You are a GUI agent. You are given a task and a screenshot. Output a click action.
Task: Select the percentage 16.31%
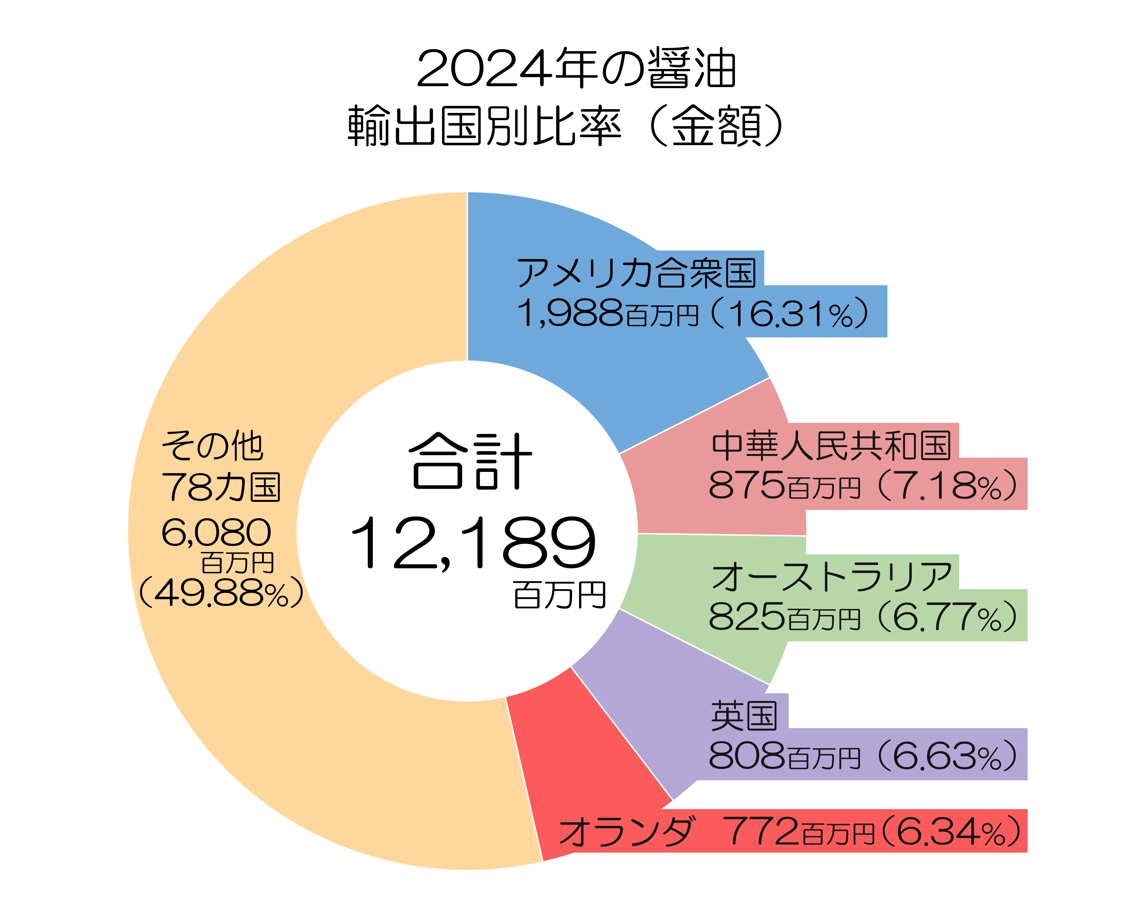(x=791, y=314)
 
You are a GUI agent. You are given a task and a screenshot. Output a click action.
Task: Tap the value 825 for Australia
(x=746, y=616)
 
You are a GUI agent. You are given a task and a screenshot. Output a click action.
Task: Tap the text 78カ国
(x=221, y=487)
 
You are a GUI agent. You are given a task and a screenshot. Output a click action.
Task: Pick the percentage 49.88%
(x=221, y=593)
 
